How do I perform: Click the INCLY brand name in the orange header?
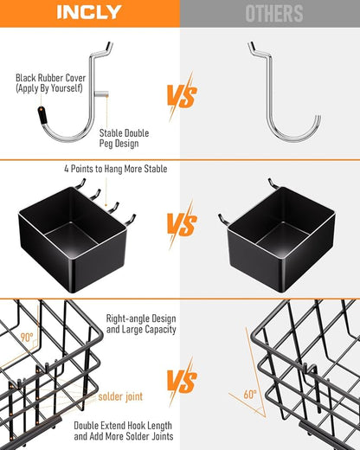point(89,13)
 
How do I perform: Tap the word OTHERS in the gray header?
point(274,13)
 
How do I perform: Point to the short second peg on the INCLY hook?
point(101,93)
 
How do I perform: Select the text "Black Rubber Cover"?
point(51,78)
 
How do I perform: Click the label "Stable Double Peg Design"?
point(124,138)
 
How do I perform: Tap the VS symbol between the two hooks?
point(182,95)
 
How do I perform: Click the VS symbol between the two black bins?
point(182,223)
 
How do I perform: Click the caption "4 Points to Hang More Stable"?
point(116,169)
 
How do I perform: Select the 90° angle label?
point(27,337)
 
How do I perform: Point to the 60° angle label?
point(250,394)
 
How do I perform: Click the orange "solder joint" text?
point(120,396)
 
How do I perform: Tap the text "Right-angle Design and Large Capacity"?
point(141,324)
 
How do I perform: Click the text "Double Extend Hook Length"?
point(123,426)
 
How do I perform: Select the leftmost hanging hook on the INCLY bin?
point(80,183)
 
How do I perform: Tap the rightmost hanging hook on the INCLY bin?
point(131,220)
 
